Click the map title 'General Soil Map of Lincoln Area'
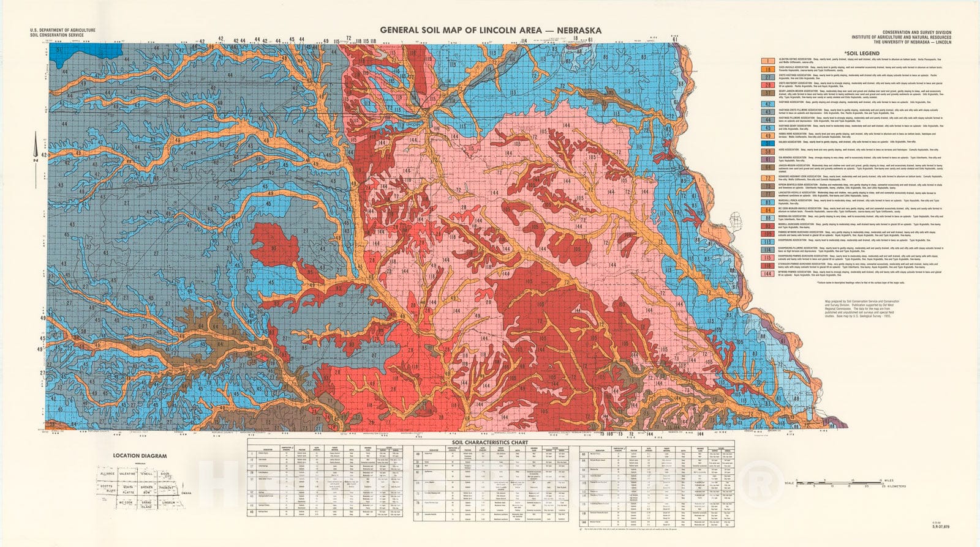(490, 30)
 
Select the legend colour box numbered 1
(768, 61)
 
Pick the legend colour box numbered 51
(768, 143)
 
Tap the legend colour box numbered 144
(768, 273)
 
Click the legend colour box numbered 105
(768, 234)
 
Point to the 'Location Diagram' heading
(140, 456)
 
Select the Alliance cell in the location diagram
(107, 474)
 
